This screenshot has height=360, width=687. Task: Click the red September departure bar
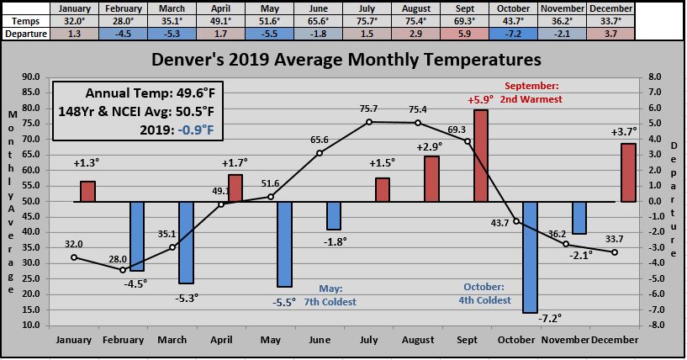pos(480,156)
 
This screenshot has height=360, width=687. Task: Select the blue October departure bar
pos(530,257)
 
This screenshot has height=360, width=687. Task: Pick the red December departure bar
pos(628,172)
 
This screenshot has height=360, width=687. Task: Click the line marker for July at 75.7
pos(369,122)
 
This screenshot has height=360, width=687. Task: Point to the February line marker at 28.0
pos(123,270)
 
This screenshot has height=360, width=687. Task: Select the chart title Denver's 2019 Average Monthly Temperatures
pos(346,61)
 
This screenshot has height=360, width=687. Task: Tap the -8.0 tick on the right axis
pos(653,326)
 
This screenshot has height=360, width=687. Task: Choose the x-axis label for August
pos(418,340)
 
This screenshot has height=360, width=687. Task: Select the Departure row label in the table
pos(24,33)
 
